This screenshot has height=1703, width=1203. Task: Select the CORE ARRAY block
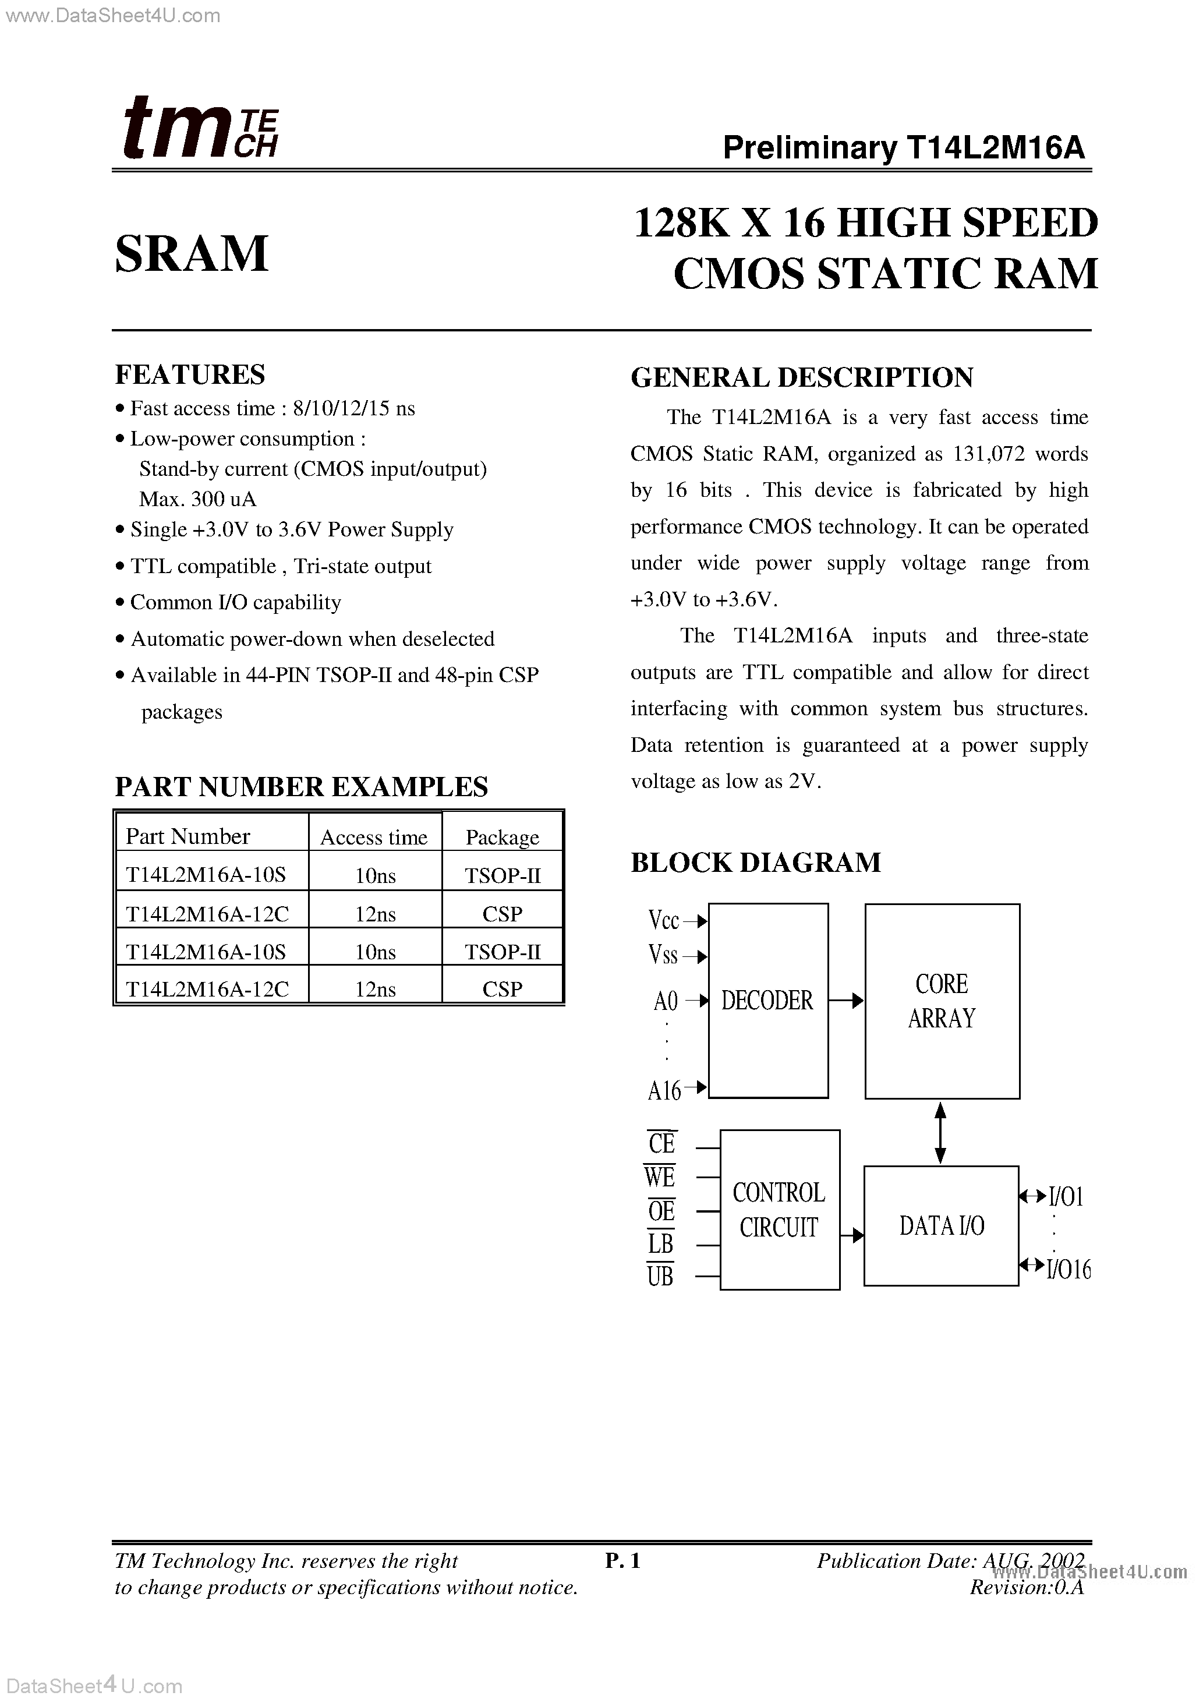point(942,1001)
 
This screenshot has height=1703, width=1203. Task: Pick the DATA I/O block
point(941,1225)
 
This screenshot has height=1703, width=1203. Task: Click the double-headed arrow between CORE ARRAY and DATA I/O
point(940,1133)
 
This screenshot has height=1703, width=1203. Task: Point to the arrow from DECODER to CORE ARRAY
point(846,1001)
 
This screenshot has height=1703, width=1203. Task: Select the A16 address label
point(664,1090)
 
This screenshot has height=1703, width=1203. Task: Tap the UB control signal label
point(660,1276)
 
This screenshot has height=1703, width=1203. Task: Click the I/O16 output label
point(1068,1269)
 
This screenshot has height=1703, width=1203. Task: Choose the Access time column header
point(374,838)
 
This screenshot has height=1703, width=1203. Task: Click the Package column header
point(502,838)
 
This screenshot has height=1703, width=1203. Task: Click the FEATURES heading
point(190,374)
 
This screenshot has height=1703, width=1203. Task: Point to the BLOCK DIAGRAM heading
point(756,862)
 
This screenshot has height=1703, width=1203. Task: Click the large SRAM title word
point(192,254)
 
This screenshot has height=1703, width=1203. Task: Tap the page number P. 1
point(622,1561)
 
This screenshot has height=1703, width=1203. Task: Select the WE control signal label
point(659,1177)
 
